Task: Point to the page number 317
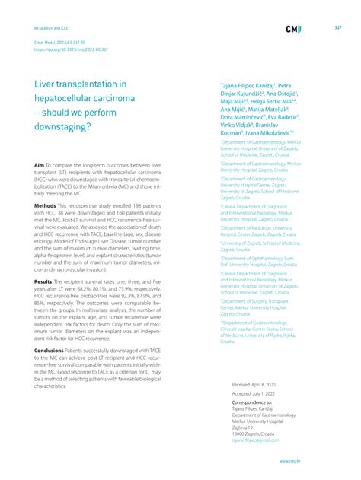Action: tap(337, 27)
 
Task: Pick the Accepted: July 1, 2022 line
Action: tap(254, 396)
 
